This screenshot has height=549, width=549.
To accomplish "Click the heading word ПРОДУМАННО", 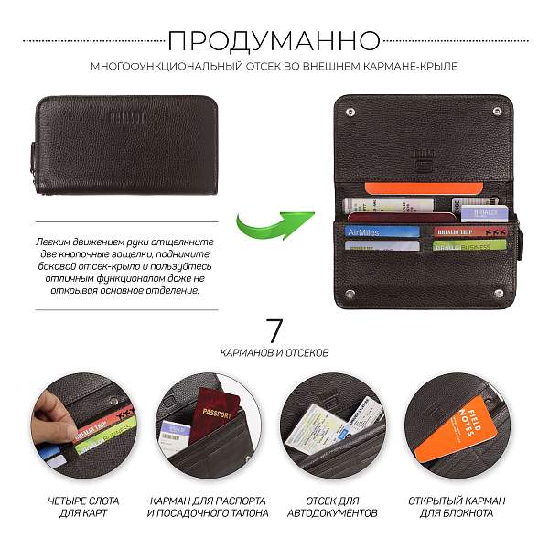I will (x=274, y=40).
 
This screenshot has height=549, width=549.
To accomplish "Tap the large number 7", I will (x=274, y=330).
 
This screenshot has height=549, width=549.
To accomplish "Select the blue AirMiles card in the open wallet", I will (x=382, y=231).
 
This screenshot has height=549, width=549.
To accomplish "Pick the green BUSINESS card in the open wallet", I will (x=469, y=246).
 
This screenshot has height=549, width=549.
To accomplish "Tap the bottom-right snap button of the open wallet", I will (x=499, y=295).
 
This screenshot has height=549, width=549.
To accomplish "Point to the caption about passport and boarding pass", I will (x=207, y=507).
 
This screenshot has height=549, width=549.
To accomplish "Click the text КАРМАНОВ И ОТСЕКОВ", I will (x=274, y=351).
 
